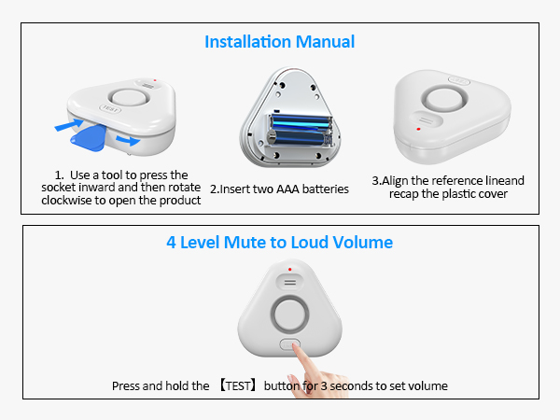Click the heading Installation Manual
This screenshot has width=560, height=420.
tap(279, 42)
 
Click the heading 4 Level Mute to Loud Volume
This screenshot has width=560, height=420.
tap(279, 243)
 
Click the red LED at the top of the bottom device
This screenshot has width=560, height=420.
tap(289, 270)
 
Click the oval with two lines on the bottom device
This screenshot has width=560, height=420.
tap(289, 280)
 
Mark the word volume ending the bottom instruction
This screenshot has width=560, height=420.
tap(427, 385)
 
